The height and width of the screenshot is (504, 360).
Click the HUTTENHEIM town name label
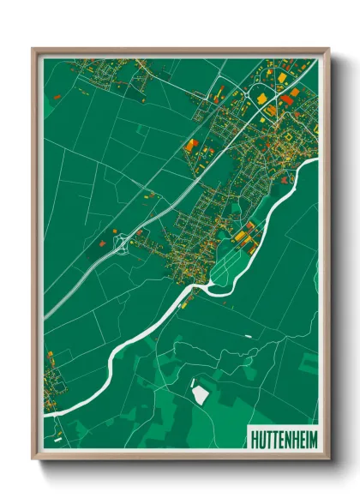click(x=282, y=439)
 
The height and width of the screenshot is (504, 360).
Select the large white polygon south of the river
click(x=200, y=393)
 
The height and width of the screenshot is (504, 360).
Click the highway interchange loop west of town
click(x=121, y=243)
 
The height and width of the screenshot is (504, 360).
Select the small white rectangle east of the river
click(x=249, y=336)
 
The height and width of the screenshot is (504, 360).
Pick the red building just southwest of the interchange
click(x=102, y=243)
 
